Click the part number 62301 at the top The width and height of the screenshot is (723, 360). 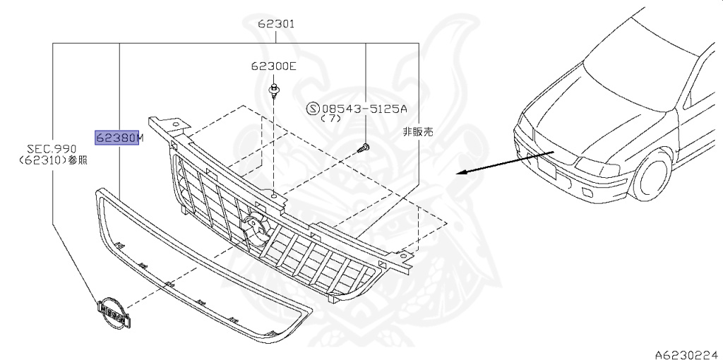pyautogui.click(x=275, y=24)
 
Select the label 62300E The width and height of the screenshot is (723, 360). pyautogui.click(x=273, y=67)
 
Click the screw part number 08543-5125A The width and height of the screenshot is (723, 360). pyautogui.click(x=365, y=109)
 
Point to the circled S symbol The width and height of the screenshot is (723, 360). pyautogui.click(x=313, y=109)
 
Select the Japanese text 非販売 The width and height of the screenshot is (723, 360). pyautogui.click(x=417, y=131)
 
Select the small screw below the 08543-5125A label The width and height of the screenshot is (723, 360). pyautogui.click(x=363, y=148)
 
